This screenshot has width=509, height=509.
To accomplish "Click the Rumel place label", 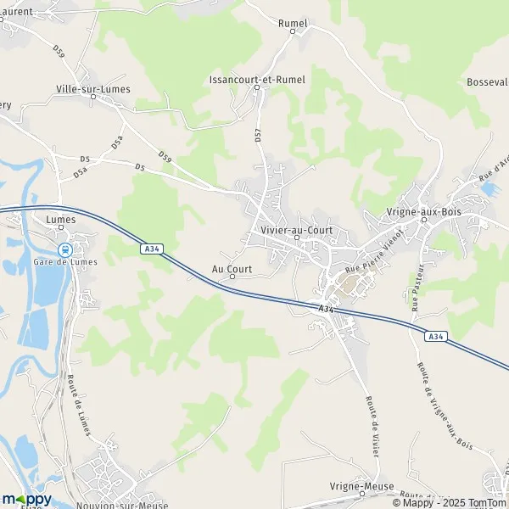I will point(292,23).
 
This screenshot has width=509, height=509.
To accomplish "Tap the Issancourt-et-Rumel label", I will point(257,79).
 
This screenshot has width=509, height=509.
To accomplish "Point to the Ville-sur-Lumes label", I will point(93,88).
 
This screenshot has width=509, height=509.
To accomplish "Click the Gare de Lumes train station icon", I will point(64,249).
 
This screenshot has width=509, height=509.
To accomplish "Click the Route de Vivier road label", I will point(370,419).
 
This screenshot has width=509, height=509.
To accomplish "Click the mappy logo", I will point(27,499).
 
